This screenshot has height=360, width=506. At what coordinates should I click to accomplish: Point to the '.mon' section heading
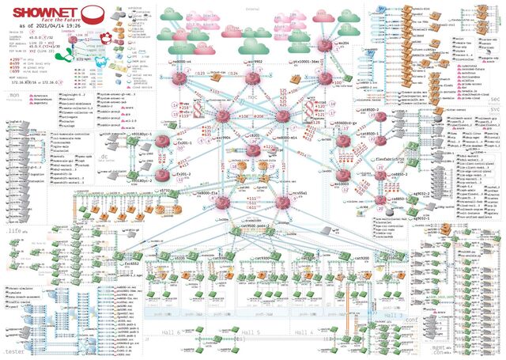[x=11, y=95]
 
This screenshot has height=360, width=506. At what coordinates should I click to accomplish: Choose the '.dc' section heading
[x=101, y=157]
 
